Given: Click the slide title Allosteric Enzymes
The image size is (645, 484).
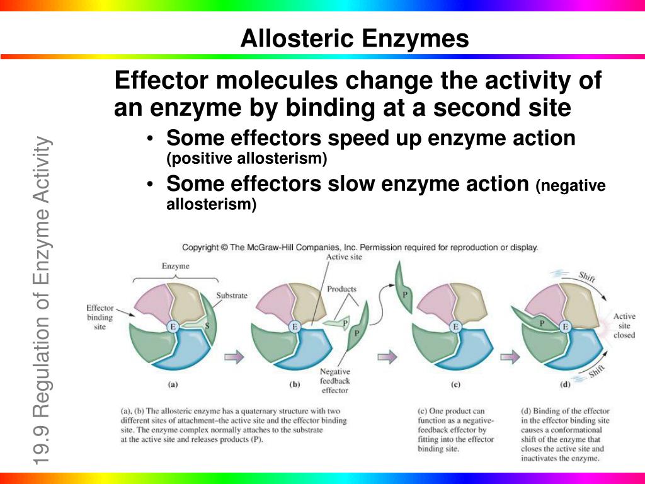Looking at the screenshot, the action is click(x=355, y=38).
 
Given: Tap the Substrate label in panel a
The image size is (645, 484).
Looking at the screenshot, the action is click(x=232, y=296).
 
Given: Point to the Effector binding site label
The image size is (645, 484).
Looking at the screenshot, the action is click(x=100, y=317).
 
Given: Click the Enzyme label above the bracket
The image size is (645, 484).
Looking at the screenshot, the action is click(x=176, y=266).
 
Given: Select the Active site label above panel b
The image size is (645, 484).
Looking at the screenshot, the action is click(x=344, y=257).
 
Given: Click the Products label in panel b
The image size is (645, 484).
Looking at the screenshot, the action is click(x=341, y=289).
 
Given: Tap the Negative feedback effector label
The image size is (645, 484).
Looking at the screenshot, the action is click(x=335, y=381).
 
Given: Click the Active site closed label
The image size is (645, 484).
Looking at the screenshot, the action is click(x=624, y=326).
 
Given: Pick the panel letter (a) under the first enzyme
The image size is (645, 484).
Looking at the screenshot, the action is click(x=173, y=385).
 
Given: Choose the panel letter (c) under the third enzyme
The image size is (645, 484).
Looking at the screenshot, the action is click(x=455, y=385).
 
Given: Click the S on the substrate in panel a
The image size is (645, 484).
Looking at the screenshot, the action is click(x=207, y=326).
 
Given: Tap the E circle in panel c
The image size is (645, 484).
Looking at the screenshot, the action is click(x=455, y=327).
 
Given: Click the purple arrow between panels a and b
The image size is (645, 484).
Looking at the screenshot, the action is click(x=234, y=357).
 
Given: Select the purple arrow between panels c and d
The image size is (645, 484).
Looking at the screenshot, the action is click(x=510, y=357).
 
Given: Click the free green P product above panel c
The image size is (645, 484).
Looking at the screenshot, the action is click(x=404, y=288).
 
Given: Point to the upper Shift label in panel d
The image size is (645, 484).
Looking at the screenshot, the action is click(x=586, y=277).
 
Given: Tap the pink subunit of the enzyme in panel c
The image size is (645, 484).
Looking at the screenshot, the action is click(x=437, y=303).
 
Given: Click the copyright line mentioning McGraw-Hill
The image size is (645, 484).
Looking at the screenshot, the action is click(x=360, y=247).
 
